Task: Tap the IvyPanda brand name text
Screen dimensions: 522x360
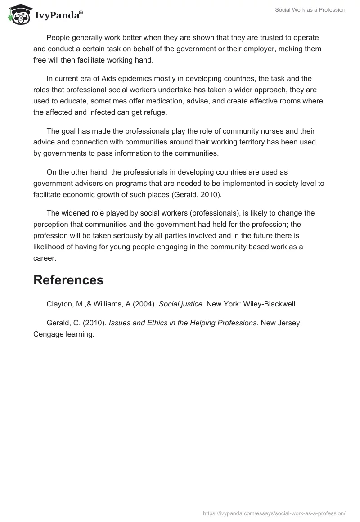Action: [58, 16]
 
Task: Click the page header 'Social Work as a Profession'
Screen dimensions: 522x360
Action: [310, 10]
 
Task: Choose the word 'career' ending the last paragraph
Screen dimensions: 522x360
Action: [45, 258]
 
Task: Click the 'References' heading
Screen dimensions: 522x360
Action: [68, 280]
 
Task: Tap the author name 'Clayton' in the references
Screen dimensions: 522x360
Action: [59, 304]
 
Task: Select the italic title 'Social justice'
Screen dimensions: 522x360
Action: [180, 304]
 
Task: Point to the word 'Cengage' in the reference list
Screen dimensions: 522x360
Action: [49, 334]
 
